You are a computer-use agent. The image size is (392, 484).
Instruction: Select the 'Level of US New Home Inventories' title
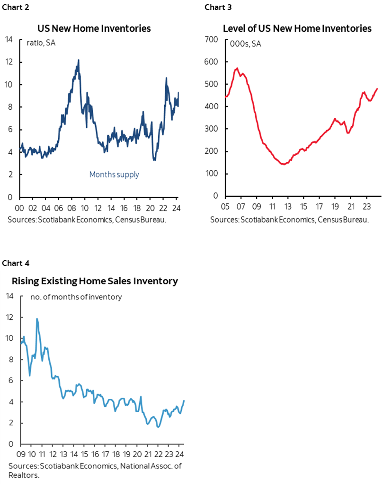[297, 28]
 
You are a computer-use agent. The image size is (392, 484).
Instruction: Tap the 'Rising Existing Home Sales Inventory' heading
[95, 281]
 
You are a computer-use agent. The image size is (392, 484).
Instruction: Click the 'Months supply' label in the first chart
[114, 175]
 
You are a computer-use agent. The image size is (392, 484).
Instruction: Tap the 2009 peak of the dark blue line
[78, 60]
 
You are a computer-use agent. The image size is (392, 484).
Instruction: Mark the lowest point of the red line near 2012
[283, 164]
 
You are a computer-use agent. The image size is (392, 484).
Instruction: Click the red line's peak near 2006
[237, 68]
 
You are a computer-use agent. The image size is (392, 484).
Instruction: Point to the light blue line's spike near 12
[37, 319]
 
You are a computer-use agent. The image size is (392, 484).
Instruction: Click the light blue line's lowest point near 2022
[158, 427]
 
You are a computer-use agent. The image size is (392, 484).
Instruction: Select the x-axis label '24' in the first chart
[177, 208]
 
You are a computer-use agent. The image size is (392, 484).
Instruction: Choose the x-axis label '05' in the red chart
[224, 207]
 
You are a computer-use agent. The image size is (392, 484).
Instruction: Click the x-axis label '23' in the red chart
[366, 207]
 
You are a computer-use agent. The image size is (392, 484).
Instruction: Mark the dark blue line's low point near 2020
[154, 160]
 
